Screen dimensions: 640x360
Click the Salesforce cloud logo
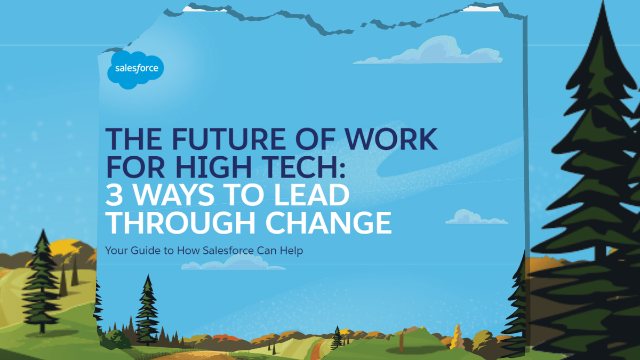[x=135, y=69]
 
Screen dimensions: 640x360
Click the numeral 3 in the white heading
[x=114, y=195]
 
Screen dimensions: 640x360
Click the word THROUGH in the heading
[x=180, y=222]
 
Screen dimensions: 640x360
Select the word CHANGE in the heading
[x=329, y=222]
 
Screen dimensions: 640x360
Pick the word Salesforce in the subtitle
[x=228, y=251]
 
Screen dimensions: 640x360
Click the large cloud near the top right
[x=429, y=51]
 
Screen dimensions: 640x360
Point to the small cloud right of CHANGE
[x=477, y=217]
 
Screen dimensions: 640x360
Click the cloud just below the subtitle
[x=233, y=263]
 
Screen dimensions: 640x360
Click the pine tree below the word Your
[x=147, y=310]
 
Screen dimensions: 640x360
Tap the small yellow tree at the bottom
[x=458, y=337]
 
